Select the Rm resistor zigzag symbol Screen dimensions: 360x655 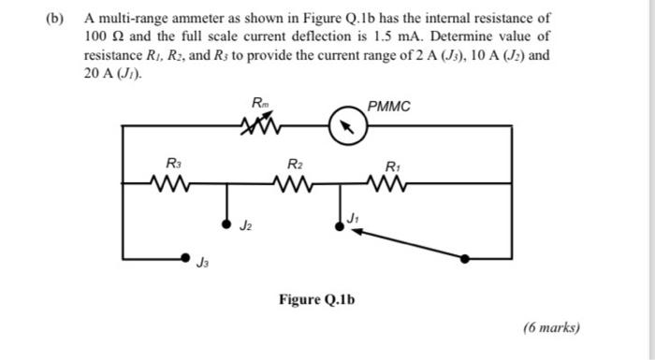(257, 126)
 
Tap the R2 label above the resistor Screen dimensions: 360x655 (295, 163)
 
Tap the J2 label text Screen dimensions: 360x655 (246, 225)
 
